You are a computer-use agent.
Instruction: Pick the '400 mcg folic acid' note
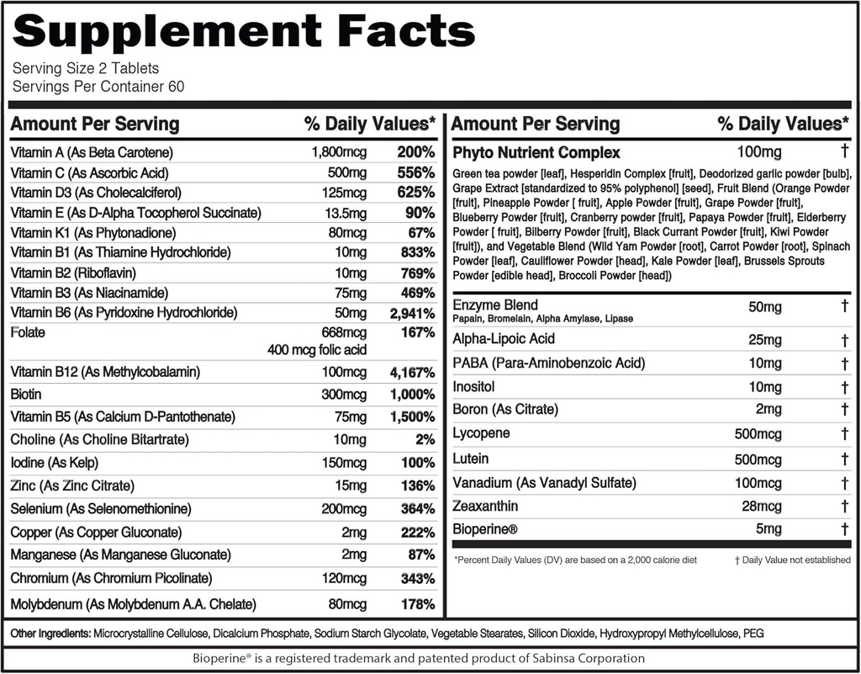(x=317, y=349)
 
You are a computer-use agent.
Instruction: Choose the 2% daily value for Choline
(x=425, y=440)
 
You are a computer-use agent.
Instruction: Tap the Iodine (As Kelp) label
(x=57, y=463)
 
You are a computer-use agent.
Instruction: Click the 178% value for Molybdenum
(x=417, y=604)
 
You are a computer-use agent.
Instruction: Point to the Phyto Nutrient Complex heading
(x=536, y=152)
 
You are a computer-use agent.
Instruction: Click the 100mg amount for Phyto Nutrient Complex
(x=759, y=152)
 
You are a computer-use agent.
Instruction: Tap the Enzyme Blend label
(x=495, y=305)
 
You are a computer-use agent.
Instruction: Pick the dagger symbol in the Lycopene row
(x=843, y=434)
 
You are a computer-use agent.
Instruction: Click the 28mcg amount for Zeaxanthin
(x=761, y=506)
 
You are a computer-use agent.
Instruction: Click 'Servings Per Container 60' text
(x=98, y=87)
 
